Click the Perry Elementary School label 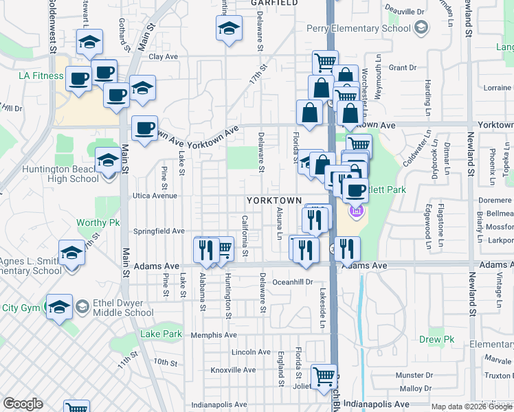pos(364,28)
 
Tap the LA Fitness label pos(26,76)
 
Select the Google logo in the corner pos(23,404)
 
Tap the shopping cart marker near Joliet pos(324,376)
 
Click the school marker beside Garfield pos(229,30)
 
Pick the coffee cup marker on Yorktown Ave pos(144,128)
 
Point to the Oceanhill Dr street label pos(293,282)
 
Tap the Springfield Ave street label pos(159,231)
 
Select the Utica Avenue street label pos(155,196)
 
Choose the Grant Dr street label pos(403,68)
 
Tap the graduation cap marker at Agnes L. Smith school pos(71,253)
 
